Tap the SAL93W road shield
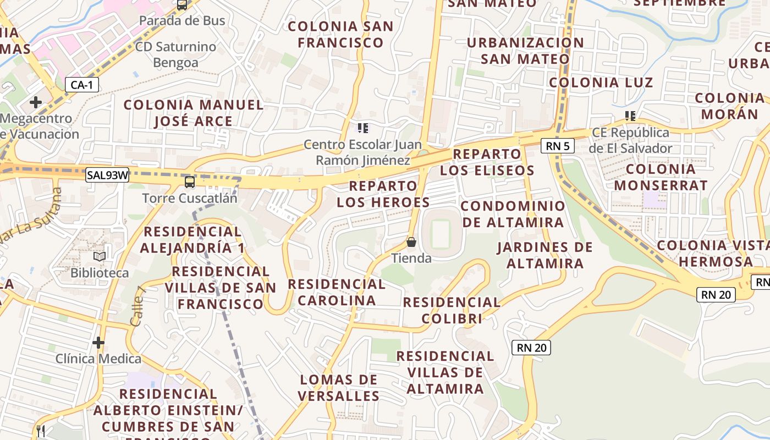(108, 175)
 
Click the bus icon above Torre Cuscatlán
(190, 182)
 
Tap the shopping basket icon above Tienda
(411, 242)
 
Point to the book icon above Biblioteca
(100, 257)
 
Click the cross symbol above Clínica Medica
(98, 343)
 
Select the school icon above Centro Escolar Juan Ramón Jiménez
(362, 128)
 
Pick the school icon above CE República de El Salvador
(630, 116)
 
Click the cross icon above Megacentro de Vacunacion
(36, 102)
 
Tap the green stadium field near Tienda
(440, 234)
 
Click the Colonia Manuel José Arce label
(194, 113)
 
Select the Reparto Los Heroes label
(383, 194)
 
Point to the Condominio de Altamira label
(513, 214)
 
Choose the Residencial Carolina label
(337, 292)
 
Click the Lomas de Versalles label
(339, 387)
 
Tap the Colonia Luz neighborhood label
(601, 82)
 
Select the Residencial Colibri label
(452, 310)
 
